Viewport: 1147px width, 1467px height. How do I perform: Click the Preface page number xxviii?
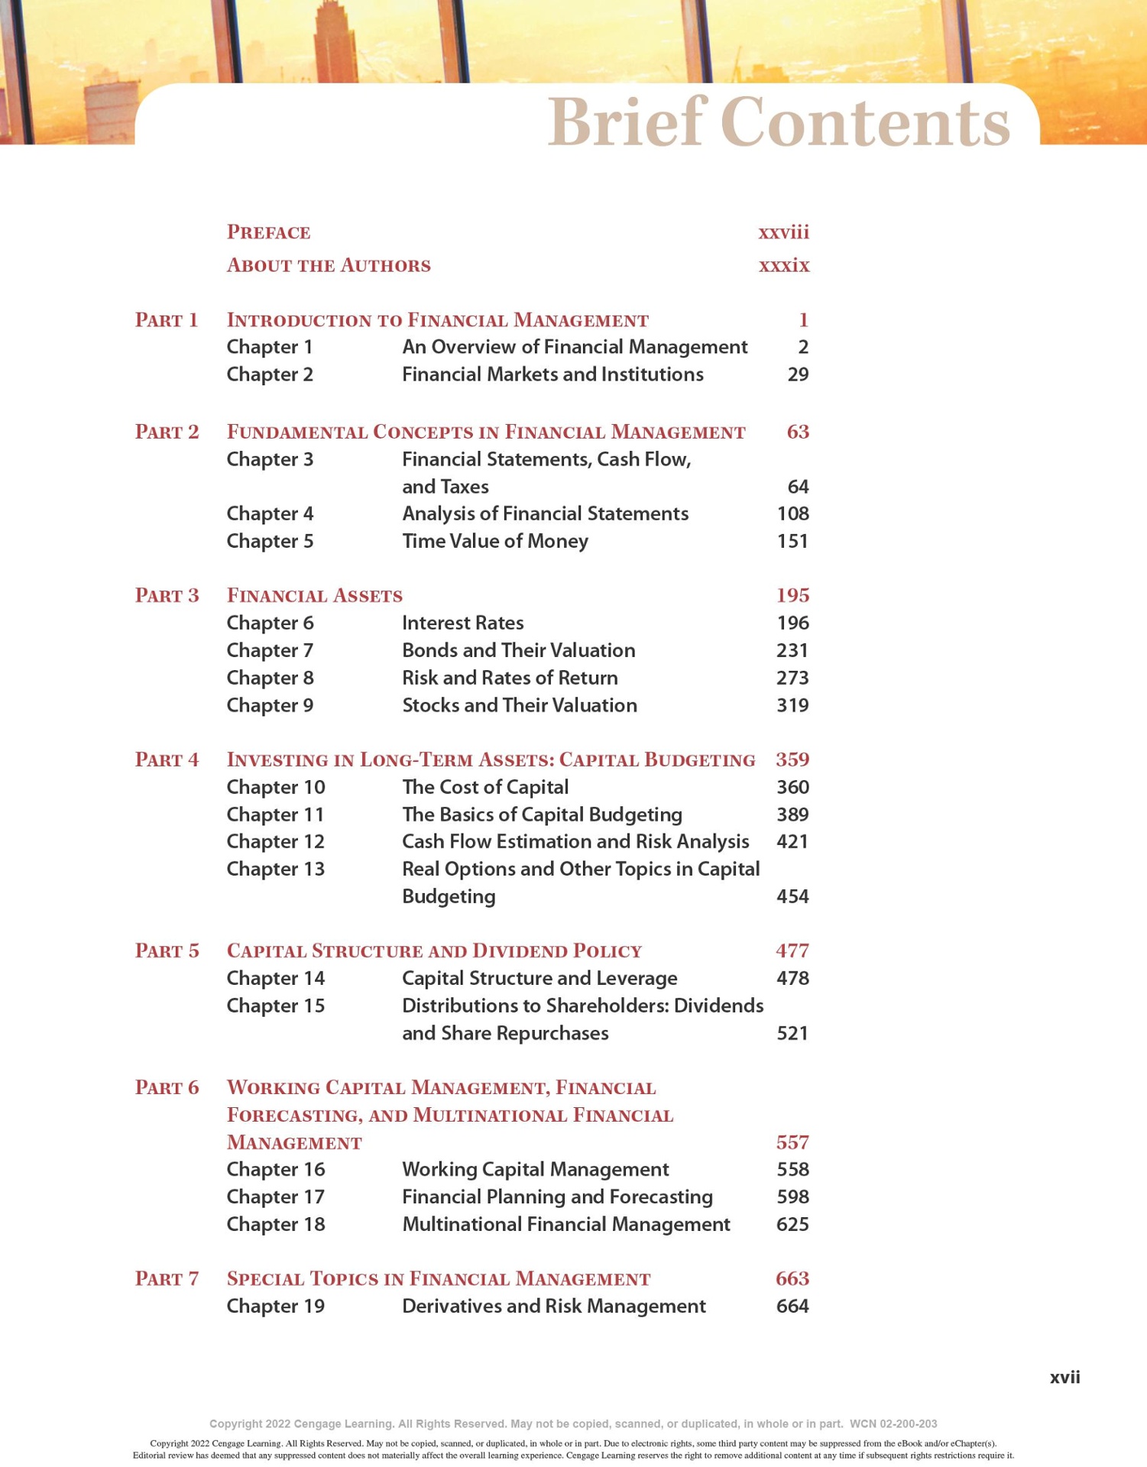tap(783, 232)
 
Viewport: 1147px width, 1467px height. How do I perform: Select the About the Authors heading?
tap(329, 265)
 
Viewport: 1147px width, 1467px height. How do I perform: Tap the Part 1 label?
tap(167, 319)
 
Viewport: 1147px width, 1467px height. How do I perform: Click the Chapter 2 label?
tap(270, 374)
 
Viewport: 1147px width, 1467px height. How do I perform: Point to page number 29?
tap(798, 374)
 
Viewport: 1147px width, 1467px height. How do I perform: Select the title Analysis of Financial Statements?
tap(545, 513)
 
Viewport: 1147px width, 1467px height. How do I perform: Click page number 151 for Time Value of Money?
tap(792, 541)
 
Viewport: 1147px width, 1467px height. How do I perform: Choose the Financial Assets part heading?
tap(314, 595)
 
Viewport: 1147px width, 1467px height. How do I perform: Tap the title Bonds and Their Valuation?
tap(518, 650)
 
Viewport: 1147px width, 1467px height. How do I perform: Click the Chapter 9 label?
tap(270, 705)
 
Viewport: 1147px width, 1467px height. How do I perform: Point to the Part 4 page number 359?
tap(792, 759)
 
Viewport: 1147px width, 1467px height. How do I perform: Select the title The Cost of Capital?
tap(485, 787)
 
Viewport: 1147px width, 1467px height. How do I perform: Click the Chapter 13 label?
tap(275, 869)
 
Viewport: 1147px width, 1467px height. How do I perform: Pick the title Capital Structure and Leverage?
tap(539, 978)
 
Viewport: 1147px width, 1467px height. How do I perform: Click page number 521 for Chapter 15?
tap(792, 1033)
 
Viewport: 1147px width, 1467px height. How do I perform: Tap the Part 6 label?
tap(167, 1087)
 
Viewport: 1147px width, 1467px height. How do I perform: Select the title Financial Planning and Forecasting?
tap(557, 1197)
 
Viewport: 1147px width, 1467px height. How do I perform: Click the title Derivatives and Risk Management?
tap(553, 1306)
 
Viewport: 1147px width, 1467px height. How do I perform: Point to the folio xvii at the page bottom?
tap(1064, 1377)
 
